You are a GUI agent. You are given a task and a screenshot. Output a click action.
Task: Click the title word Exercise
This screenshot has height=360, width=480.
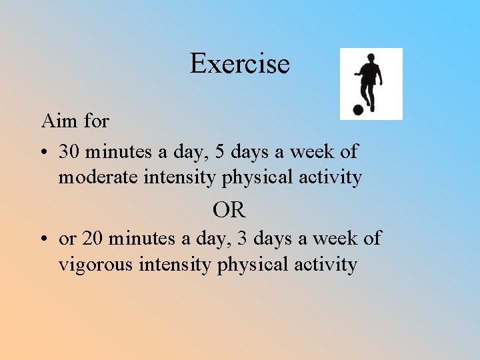click(x=239, y=64)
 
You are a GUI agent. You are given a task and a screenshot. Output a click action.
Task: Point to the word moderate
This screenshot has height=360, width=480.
click(x=97, y=177)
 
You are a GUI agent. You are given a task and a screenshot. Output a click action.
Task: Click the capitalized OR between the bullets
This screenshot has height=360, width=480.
click(x=229, y=211)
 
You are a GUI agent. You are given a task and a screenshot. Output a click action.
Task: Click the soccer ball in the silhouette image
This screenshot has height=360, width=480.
click(x=357, y=110)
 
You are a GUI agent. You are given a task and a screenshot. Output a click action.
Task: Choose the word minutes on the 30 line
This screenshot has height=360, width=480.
click(x=117, y=151)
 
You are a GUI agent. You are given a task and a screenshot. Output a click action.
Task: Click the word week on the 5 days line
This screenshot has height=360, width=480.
click(x=312, y=151)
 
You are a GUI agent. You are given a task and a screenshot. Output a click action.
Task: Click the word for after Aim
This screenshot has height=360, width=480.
click(x=97, y=121)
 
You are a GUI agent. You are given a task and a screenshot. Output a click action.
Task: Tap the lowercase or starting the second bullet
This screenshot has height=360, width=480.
click(x=67, y=239)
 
